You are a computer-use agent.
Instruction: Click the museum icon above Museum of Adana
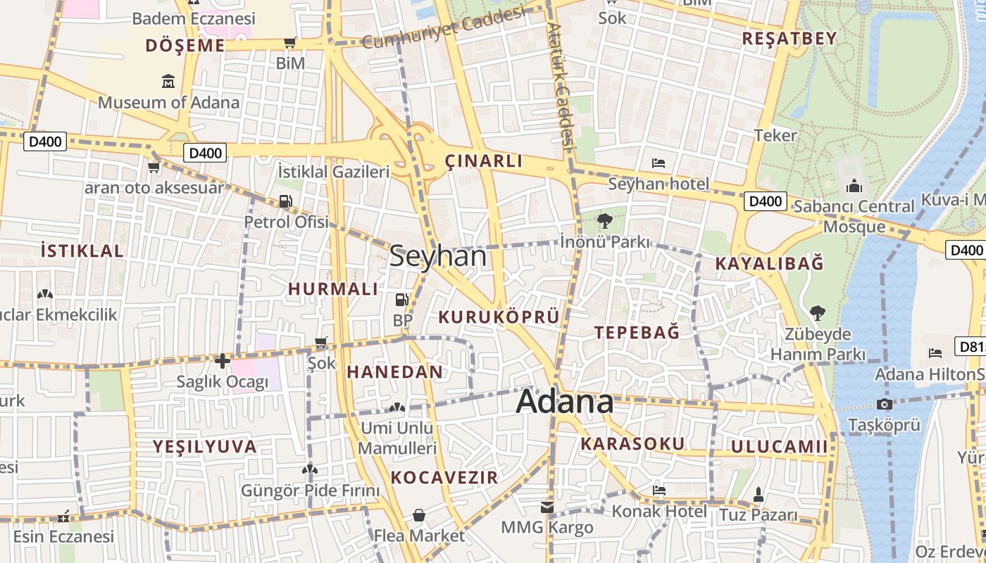click(x=168, y=82)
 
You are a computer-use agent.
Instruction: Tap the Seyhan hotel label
click(x=659, y=184)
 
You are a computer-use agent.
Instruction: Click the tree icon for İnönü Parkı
click(x=604, y=221)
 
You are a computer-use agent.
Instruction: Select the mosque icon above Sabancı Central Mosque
click(x=854, y=186)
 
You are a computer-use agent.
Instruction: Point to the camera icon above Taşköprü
click(x=885, y=404)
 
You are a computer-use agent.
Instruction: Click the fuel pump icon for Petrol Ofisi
click(x=285, y=201)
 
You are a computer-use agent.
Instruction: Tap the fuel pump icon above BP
click(x=401, y=300)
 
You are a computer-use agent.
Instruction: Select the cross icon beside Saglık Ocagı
click(x=223, y=362)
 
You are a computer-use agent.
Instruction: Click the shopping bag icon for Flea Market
click(x=419, y=515)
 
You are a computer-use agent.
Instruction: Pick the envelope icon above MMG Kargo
click(x=547, y=507)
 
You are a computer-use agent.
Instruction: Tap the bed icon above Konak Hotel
click(x=659, y=490)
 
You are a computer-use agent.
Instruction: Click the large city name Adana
click(x=565, y=402)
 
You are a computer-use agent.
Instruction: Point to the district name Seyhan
click(x=437, y=256)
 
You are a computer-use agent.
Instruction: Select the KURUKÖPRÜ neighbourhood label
click(x=499, y=317)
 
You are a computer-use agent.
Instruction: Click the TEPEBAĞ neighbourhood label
click(x=637, y=332)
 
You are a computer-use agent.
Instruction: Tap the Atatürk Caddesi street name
click(x=561, y=84)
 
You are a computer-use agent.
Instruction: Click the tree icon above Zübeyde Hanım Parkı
click(x=817, y=312)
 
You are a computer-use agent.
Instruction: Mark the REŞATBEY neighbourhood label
click(x=789, y=39)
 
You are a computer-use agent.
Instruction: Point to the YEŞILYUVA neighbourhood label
click(x=205, y=446)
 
